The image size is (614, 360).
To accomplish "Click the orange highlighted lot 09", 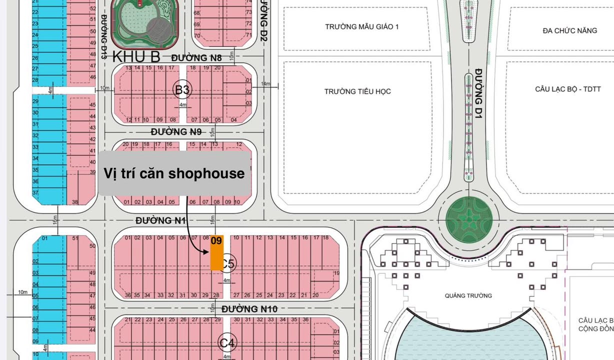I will point(216,253).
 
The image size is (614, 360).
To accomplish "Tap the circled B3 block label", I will point(182,90).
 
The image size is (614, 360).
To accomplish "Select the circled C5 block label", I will point(228,262).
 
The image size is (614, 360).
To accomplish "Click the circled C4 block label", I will point(227,343).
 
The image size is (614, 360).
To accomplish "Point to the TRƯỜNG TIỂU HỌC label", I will point(357,91).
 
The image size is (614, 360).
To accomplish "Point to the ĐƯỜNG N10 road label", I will point(249,309).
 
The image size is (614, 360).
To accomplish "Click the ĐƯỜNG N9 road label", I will point(176,132).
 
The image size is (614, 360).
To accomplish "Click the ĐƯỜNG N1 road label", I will point(160,220).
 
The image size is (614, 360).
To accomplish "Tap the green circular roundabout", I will point(465,219).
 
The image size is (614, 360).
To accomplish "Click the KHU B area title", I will point(136,55).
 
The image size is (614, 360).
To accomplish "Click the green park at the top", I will point(144,22).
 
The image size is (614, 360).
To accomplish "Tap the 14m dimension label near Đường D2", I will point(265,83).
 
